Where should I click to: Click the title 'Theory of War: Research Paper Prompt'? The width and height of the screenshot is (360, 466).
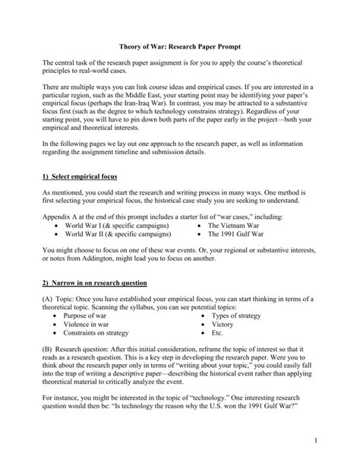(180, 43)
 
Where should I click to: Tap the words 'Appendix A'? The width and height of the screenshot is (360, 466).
(62, 216)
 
